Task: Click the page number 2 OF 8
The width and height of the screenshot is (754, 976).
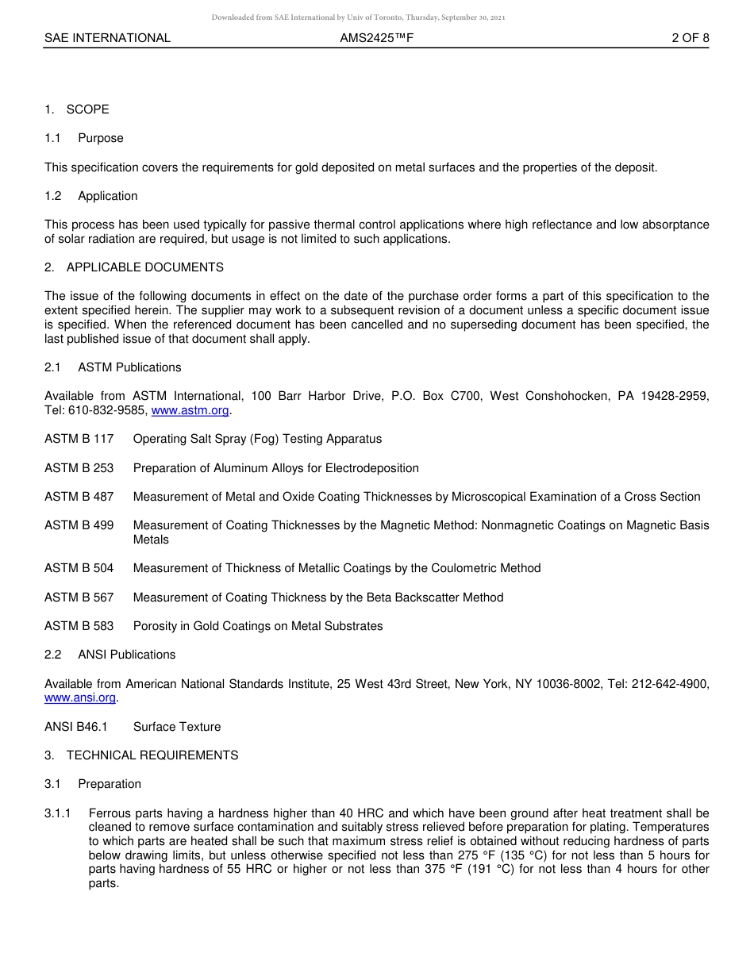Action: [x=690, y=38]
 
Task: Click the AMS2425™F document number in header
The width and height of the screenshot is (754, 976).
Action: [x=376, y=38]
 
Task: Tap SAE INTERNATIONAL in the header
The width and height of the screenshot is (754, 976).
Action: [x=107, y=38]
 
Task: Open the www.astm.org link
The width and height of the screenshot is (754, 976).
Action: [x=190, y=410]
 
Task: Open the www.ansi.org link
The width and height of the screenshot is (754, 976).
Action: [x=80, y=697]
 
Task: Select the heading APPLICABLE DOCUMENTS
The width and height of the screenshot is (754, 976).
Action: [x=144, y=267]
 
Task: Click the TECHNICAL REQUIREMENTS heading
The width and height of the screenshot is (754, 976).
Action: [x=152, y=755]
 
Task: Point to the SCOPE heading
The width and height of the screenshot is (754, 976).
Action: [x=87, y=110]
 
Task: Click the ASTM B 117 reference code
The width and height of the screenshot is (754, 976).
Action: [x=79, y=439]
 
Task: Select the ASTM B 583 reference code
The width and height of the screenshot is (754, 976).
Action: [x=79, y=626]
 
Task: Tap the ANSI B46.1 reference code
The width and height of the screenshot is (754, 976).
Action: [x=76, y=727]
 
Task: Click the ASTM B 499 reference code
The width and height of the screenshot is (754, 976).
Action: [x=79, y=525]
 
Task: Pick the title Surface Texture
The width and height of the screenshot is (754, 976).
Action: [x=177, y=727]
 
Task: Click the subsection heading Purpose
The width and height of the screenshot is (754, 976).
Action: [x=101, y=138]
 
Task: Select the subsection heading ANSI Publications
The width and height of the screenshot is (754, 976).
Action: [x=126, y=655]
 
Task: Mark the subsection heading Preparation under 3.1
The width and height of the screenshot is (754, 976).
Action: [x=110, y=784]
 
